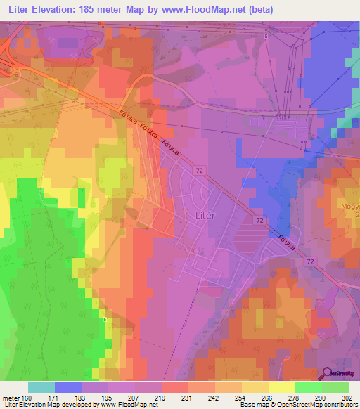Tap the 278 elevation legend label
[295, 398]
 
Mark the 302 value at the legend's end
[348, 398]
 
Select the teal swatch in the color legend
[41, 387]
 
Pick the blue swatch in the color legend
[68, 387]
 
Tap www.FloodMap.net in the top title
[219, 10]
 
